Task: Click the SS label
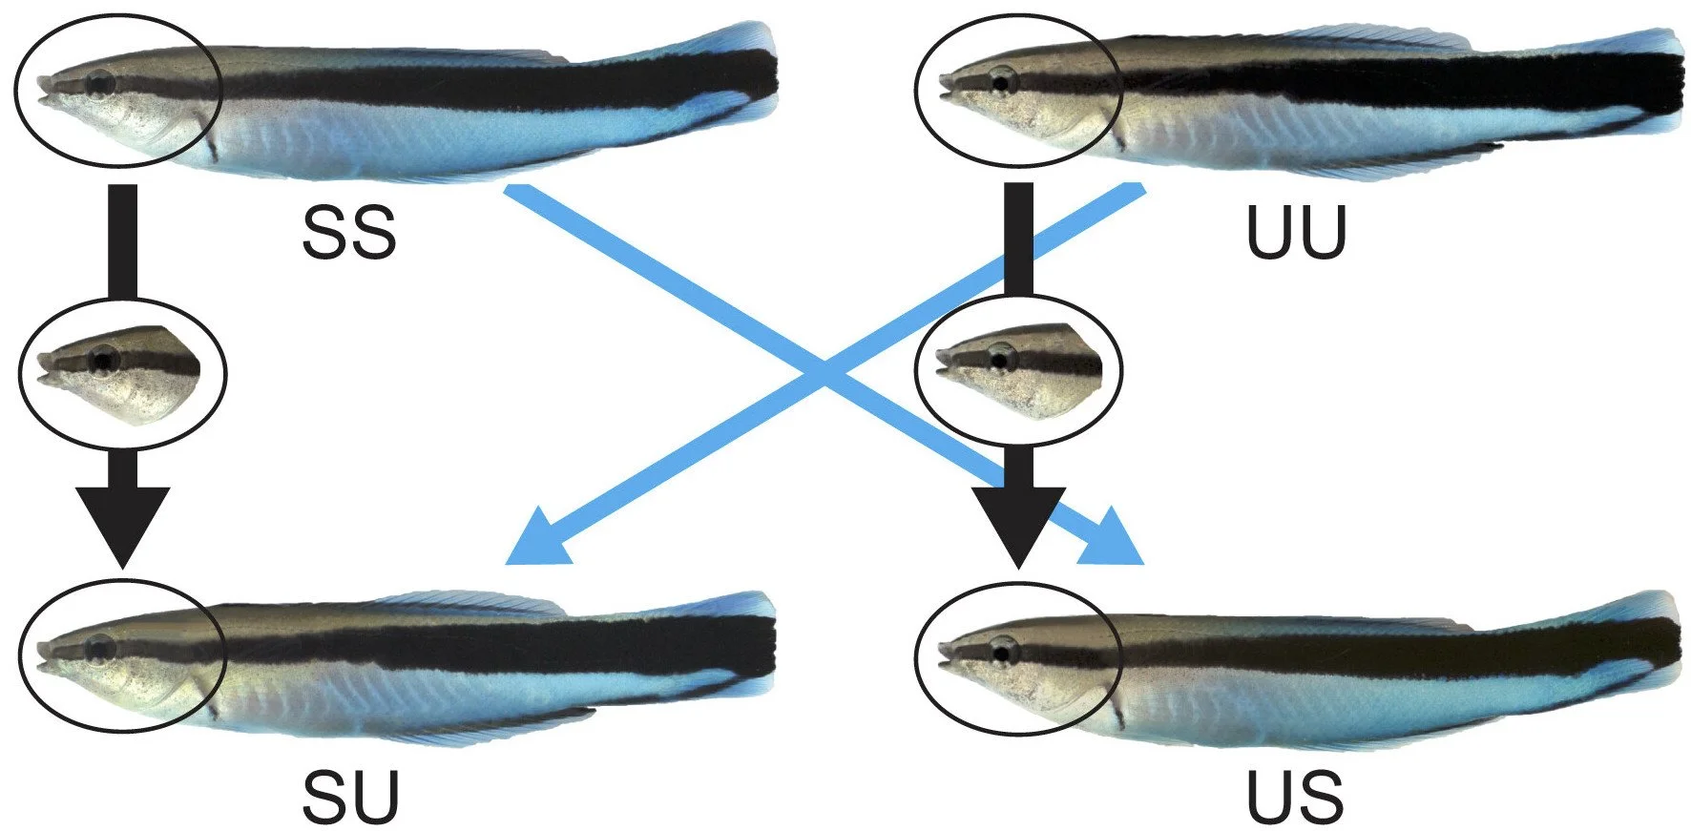coord(348,234)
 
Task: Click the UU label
coord(1295,234)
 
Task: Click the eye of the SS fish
coord(98,84)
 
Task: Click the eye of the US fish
coord(1003,652)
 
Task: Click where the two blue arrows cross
coord(825,375)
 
